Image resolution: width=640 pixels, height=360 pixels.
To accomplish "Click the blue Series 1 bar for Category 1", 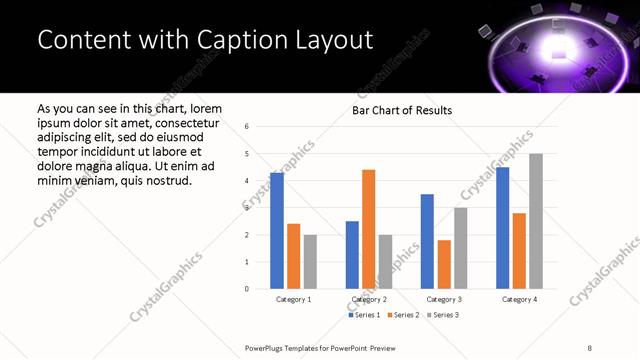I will (277, 231).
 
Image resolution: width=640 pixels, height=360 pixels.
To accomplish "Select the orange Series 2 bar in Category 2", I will (369, 229).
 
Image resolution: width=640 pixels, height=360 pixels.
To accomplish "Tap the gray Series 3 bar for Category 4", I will (536, 221).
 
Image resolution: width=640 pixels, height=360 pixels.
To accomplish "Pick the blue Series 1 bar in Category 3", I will (427, 241).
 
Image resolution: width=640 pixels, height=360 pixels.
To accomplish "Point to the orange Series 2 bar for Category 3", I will (444, 264).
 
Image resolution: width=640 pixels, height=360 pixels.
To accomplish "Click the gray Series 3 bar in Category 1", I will (310, 262).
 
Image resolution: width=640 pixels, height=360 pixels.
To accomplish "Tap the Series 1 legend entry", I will (364, 315).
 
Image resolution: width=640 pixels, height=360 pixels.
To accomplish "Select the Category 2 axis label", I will (369, 299).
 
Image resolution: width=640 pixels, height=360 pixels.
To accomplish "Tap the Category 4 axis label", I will (519, 299).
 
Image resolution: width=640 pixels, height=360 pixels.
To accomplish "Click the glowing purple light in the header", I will (552, 45).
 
